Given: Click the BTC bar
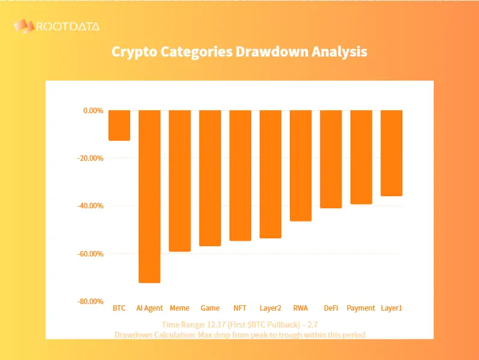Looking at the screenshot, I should pos(119,125).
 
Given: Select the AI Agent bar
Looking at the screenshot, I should pos(149,196).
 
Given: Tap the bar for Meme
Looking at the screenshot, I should pos(180,181).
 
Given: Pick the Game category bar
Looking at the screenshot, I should pos(210,178).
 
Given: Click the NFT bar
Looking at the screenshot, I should pos(240,175).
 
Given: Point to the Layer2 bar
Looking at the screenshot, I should pos(271,174).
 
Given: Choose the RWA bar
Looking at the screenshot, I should pos(301,166).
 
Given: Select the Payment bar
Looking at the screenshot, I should pos(361,157).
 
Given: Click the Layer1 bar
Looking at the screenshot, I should pos(392,153).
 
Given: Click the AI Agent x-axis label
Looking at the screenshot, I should pos(149,308).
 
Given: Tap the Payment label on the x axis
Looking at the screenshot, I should pos(361,308).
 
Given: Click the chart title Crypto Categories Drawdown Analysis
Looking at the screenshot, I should pos(239,52).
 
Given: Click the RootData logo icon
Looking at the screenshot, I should pos(23,26).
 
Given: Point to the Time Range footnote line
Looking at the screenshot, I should pos(239,324).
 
